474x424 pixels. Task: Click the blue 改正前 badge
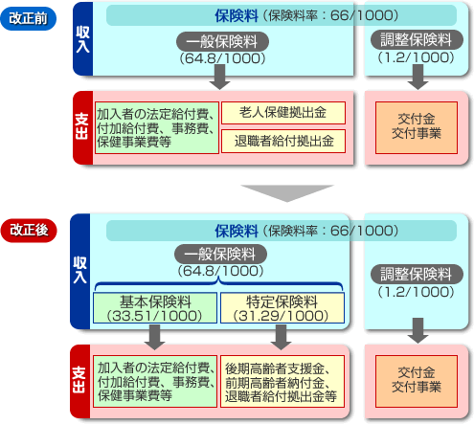pyautogui.click(x=28, y=18)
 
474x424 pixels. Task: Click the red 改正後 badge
pyautogui.click(x=29, y=230)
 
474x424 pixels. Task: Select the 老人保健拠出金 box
pyautogui.click(x=283, y=113)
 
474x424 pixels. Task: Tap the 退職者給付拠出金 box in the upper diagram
pyautogui.click(x=283, y=141)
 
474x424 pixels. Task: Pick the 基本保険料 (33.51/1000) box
pyautogui.click(x=155, y=308)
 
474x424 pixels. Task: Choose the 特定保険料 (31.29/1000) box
pyautogui.click(x=282, y=308)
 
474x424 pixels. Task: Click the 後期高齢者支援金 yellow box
pyautogui.click(x=282, y=382)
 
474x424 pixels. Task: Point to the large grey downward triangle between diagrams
pyautogui.click(x=287, y=193)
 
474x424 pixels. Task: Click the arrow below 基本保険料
pyautogui.click(x=155, y=337)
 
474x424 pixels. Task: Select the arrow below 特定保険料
pyautogui.click(x=281, y=337)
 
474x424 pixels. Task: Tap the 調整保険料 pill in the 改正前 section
pyautogui.click(x=417, y=40)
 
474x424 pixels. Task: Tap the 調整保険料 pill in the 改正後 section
pyautogui.click(x=417, y=274)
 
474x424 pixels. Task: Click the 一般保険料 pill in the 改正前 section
pyautogui.click(x=222, y=41)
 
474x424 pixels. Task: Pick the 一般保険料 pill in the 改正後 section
pyautogui.click(x=220, y=255)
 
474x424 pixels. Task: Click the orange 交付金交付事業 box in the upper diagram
pyautogui.click(x=417, y=127)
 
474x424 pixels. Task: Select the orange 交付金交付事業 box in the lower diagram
pyautogui.click(x=417, y=381)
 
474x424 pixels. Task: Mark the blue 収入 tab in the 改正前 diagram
pyautogui.click(x=82, y=38)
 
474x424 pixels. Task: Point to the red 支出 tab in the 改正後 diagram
pyautogui.click(x=79, y=381)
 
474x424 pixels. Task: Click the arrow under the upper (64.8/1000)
pyautogui.click(x=219, y=77)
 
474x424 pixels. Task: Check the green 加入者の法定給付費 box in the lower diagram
pyautogui.click(x=155, y=382)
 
